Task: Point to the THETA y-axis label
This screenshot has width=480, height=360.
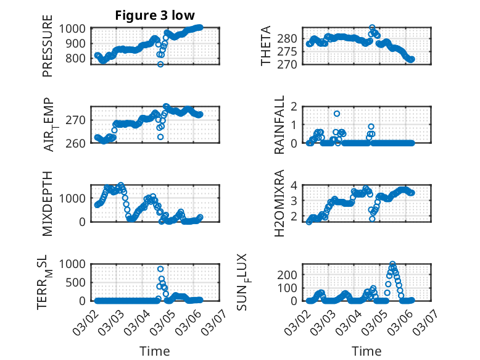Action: [265, 46]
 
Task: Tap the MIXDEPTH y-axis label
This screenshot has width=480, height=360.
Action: [48, 203]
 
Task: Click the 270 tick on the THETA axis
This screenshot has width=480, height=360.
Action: [292, 64]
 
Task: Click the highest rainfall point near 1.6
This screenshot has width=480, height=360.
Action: [337, 114]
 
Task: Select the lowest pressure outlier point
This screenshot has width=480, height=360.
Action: [160, 64]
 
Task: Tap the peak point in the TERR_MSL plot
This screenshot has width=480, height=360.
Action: [160, 269]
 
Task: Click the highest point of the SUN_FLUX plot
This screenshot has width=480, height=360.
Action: [392, 264]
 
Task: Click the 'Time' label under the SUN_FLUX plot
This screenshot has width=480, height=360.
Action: [366, 351]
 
